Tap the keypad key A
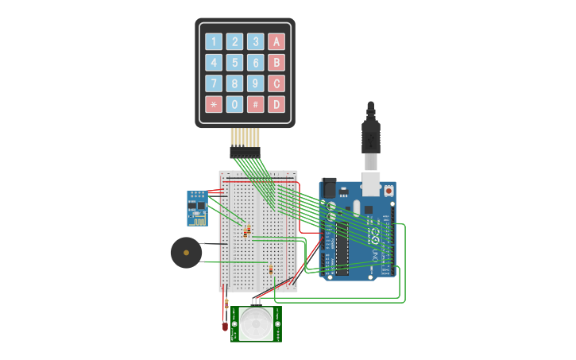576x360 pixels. click(x=276, y=42)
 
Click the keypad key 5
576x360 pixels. click(x=234, y=63)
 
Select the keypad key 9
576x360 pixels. click(x=255, y=83)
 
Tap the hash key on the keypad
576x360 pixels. click(x=255, y=104)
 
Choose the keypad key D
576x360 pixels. click(x=276, y=104)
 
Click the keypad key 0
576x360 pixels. click(x=234, y=104)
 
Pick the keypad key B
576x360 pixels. click(x=276, y=63)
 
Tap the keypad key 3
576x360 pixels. click(x=255, y=42)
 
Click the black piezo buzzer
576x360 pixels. click(x=186, y=253)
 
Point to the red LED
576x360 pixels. click(x=225, y=325)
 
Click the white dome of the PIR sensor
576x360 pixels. click(x=257, y=324)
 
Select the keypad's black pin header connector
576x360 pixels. click(x=245, y=152)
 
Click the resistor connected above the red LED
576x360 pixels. click(x=227, y=303)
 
